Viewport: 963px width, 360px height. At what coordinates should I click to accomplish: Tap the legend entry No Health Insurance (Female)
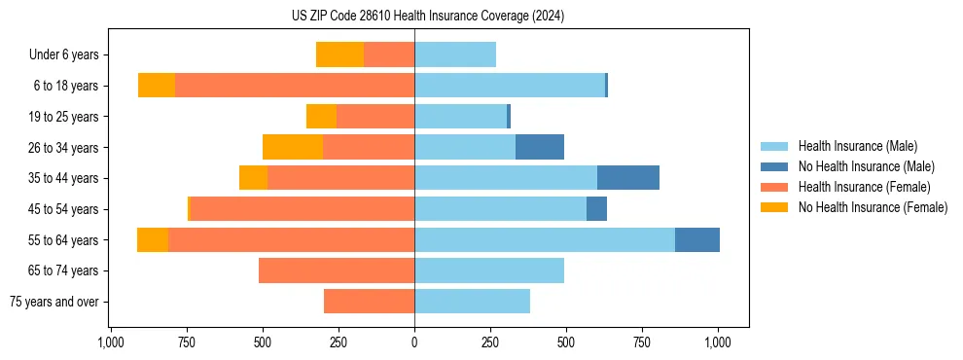click(x=873, y=207)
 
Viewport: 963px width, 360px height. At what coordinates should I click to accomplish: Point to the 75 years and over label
click(x=53, y=302)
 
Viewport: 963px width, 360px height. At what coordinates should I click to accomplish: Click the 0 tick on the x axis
click(x=414, y=342)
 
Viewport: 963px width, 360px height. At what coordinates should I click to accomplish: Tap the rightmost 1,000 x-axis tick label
click(x=718, y=342)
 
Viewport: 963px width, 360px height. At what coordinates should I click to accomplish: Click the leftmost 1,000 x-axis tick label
click(x=111, y=342)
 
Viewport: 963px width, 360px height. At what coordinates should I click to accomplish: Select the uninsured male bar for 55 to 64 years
click(x=697, y=239)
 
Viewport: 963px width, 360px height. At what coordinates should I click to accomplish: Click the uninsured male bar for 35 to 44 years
click(x=628, y=178)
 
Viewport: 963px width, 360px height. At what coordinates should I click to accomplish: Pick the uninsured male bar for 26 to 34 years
click(x=540, y=147)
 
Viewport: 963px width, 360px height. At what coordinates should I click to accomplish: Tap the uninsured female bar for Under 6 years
click(x=339, y=54)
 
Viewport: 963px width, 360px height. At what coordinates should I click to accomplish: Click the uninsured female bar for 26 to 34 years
click(x=293, y=147)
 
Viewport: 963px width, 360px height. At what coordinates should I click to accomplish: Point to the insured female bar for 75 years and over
click(x=369, y=302)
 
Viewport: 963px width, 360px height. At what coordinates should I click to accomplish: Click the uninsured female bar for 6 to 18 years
click(x=157, y=86)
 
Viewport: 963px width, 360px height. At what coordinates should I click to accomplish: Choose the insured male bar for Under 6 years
click(x=455, y=54)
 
